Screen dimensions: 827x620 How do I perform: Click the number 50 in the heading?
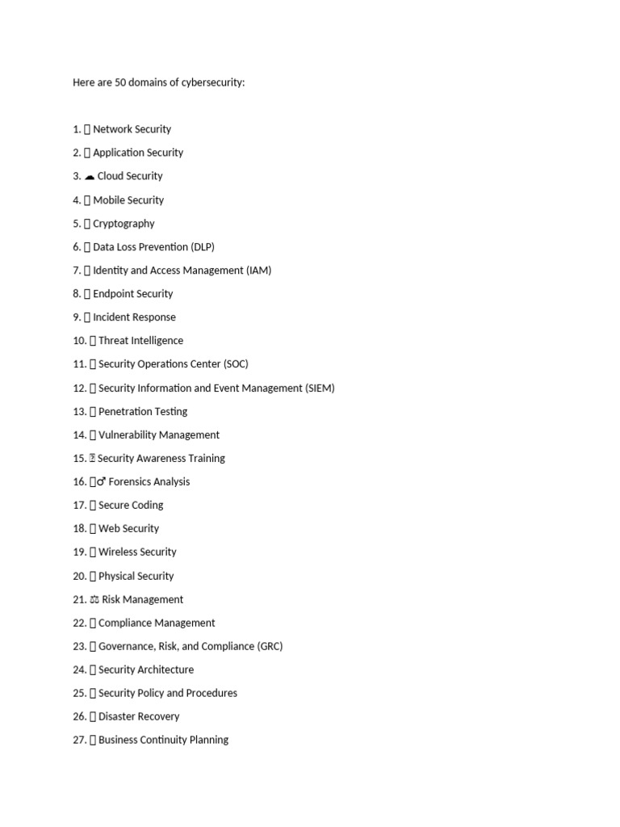click(x=121, y=82)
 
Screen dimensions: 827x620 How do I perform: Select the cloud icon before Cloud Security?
click(x=90, y=176)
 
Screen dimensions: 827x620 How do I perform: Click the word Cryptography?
click(x=124, y=224)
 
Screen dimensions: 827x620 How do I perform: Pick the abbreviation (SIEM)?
click(x=320, y=388)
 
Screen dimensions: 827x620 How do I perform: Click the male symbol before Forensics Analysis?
click(x=101, y=482)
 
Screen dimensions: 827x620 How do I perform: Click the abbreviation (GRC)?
click(x=270, y=647)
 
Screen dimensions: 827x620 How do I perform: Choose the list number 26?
click(x=79, y=717)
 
